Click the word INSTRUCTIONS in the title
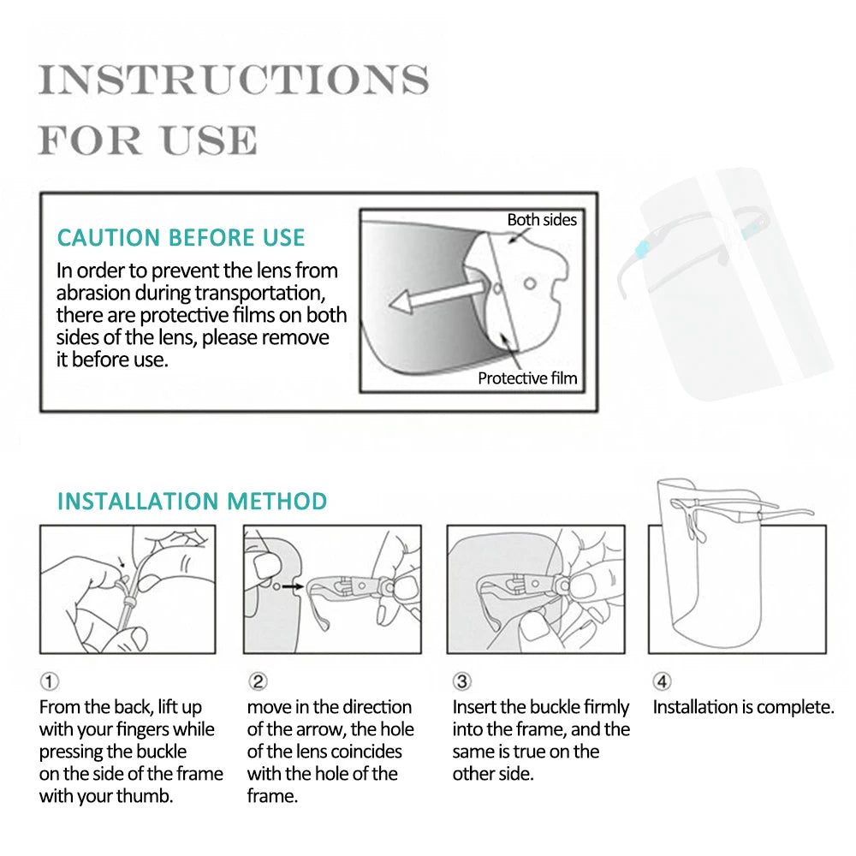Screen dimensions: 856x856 [x=233, y=80]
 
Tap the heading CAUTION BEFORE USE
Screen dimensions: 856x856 [x=181, y=237]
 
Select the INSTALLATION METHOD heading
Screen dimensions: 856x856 [x=192, y=501]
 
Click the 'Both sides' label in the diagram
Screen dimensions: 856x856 [x=542, y=220]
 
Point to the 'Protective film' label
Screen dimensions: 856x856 [x=527, y=377]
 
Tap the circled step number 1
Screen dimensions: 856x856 [x=50, y=682]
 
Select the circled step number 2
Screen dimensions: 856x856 [x=258, y=682]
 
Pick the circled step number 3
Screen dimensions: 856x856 [x=462, y=682]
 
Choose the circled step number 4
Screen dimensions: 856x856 [x=662, y=682]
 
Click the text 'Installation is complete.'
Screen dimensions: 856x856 [x=743, y=707]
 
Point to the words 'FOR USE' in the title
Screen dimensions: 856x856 [x=147, y=140]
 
